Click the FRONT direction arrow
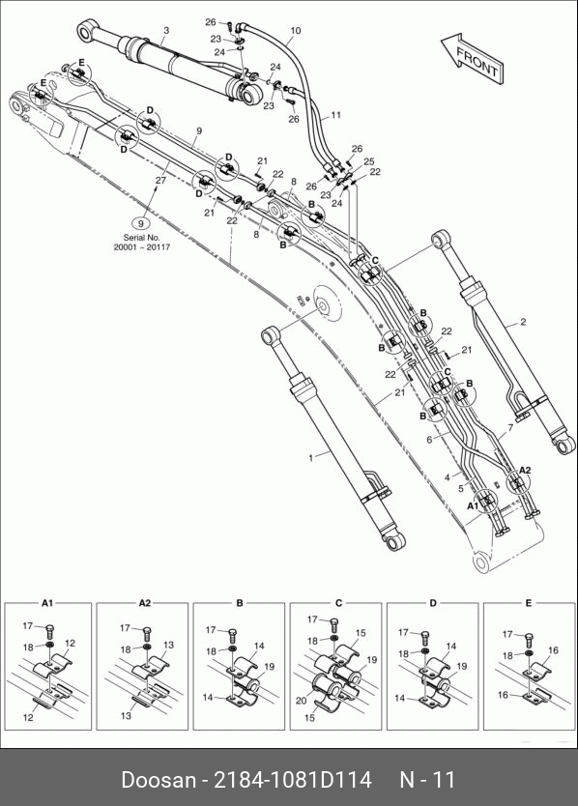pos(473,57)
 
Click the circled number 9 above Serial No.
pos(141,223)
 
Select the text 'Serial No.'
pos(141,238)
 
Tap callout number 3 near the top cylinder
pos(166,31)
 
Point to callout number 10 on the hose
pos(295,31)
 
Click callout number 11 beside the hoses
pos(335,115)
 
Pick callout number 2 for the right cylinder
pos(523,322)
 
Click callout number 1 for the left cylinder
pos(310,457)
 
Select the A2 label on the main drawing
pos(525,470)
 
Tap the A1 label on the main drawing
pos(473,506)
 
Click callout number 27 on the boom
pos(161,180)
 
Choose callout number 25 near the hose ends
pos(369,161)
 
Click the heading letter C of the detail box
pos(338,603)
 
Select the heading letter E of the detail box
pos(528,603)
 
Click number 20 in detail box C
pos(302,701)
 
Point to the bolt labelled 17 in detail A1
pos(50,630)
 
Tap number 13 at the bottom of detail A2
pos(126,715)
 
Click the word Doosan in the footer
pos(159,780)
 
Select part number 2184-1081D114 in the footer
pos(293,780)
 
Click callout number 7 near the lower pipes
pos(510,428)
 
